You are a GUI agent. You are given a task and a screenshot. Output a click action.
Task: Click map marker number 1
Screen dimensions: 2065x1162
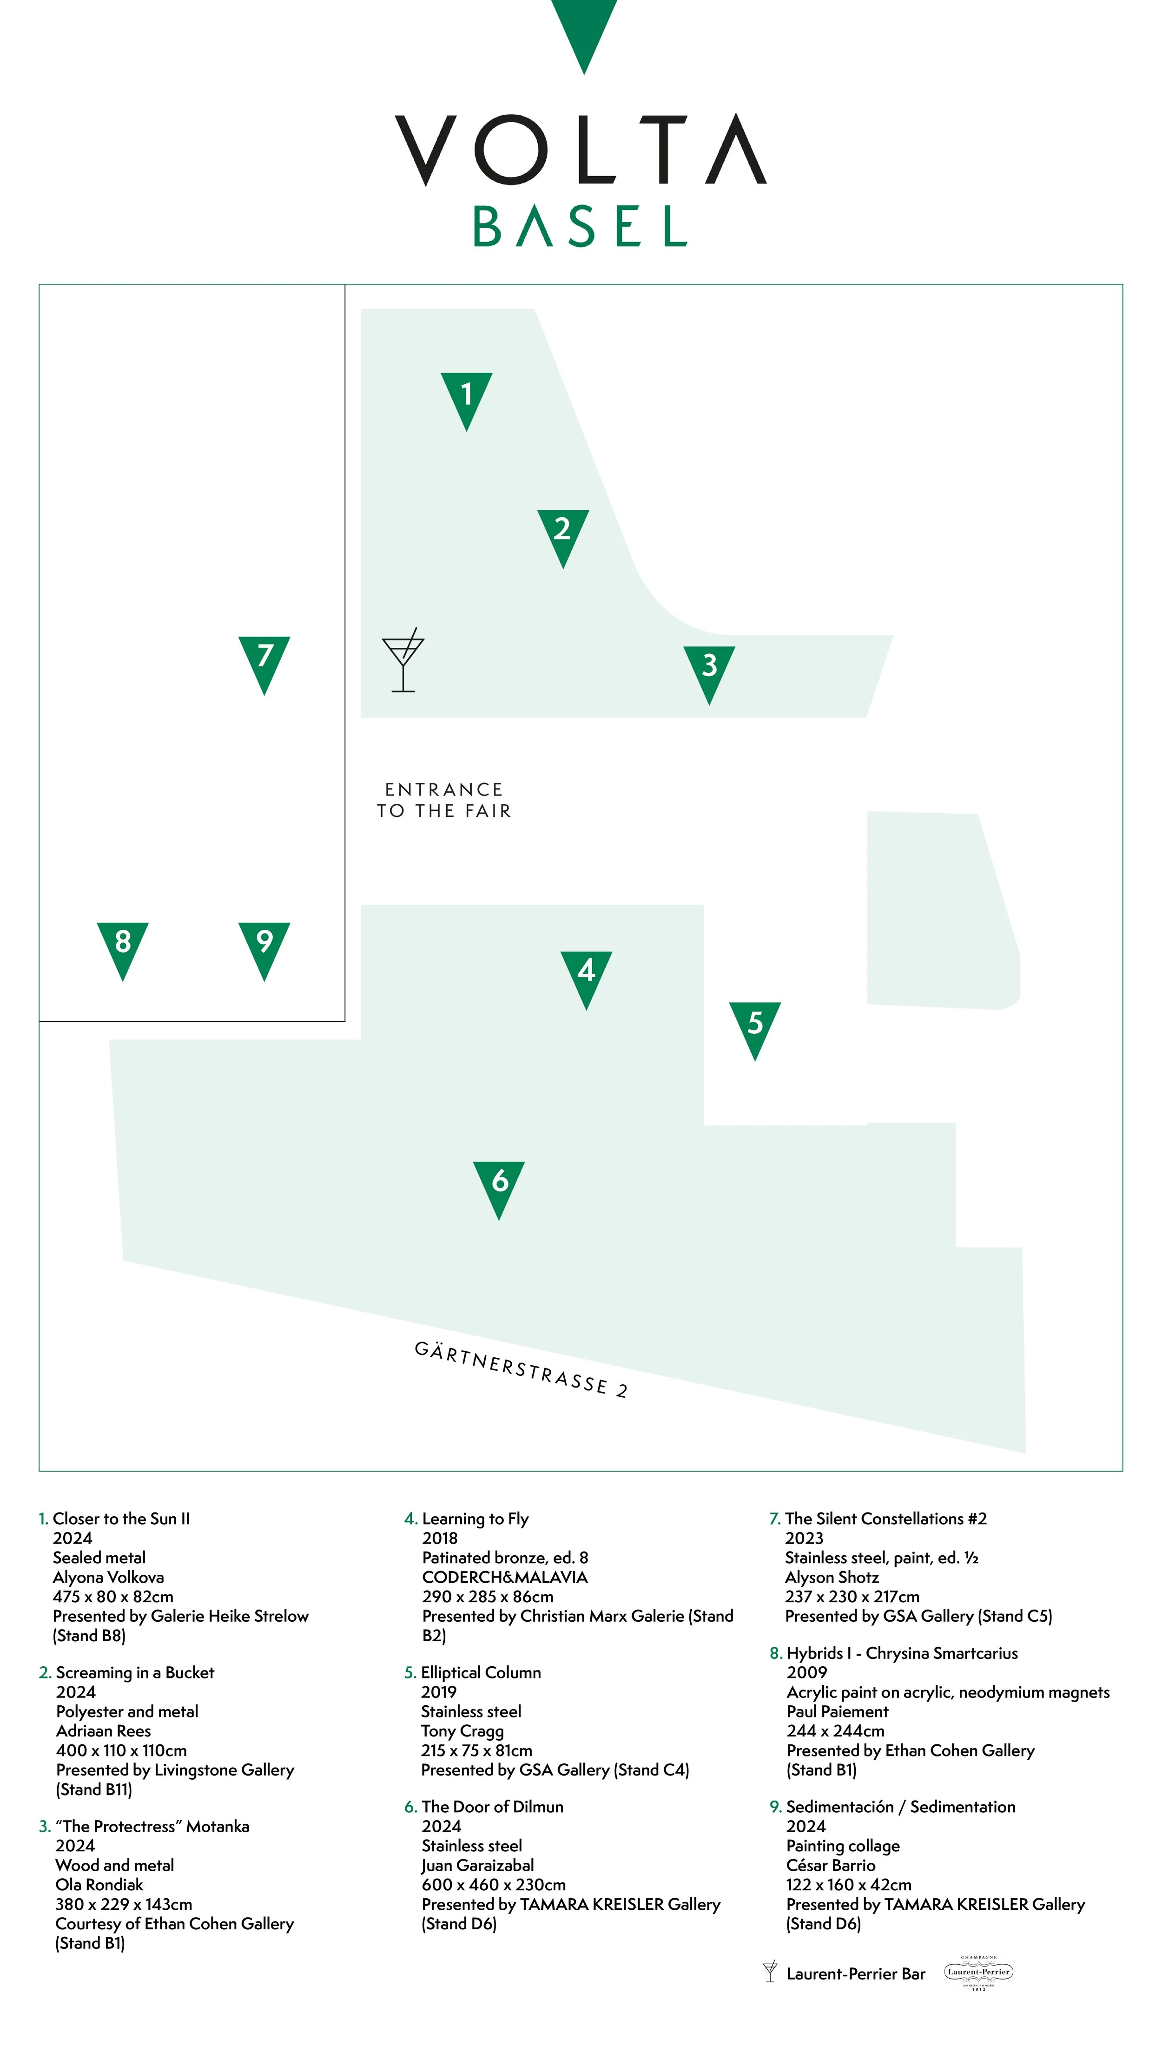click(x=466, y=397)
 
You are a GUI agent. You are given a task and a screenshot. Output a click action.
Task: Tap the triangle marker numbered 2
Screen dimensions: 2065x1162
click(x=562, y=533)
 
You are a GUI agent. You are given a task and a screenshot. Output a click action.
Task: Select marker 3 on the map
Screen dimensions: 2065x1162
click(x=709, y=670)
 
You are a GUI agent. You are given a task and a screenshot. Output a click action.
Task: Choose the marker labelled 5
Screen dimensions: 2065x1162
click(x=755, y=1026)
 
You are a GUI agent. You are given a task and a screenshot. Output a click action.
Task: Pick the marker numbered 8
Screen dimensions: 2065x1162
click(x=123, y=946)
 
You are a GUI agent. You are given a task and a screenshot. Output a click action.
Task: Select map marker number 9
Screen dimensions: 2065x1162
click(x=264, y=946)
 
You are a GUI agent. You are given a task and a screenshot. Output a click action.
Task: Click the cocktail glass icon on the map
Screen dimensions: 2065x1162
click(x=403, y=660)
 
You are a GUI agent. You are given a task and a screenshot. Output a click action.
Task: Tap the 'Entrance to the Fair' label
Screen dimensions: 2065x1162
click(x=443, y=800)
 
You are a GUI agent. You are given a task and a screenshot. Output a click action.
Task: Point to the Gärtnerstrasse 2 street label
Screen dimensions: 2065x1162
click(x=521, y=1369)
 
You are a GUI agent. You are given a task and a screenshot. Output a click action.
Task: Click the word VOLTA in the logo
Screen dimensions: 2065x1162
click(x=581, y=150)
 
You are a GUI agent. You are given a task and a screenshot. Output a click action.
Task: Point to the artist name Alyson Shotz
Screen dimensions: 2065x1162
click(x=832, y=1577)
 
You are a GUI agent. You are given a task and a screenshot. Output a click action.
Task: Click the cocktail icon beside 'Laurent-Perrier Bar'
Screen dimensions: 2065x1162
click(x=770, y=1972)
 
